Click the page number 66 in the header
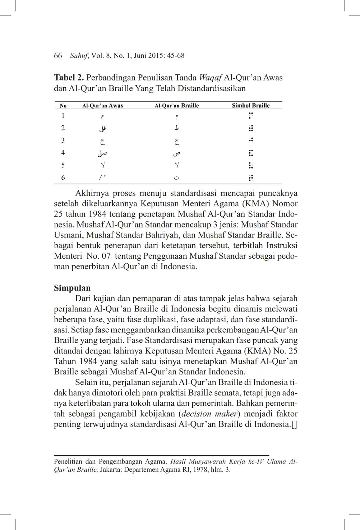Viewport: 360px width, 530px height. (58, 56)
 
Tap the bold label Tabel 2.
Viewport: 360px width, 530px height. (69, 78)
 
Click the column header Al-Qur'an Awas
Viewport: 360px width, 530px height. (102, 106)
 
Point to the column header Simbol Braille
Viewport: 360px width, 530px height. (250, 106)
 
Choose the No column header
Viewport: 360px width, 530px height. (63, 106)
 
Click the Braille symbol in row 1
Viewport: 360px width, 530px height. (251, 116)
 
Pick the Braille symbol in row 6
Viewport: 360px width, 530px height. (251, 178)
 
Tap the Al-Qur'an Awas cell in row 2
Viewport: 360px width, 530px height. (102, 128)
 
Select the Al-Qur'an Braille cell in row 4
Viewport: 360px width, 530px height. (177, 153)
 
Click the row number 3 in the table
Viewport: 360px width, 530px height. (63, 140)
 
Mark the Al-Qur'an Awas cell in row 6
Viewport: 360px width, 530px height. (103, 178)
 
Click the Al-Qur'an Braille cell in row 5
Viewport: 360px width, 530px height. (177, 165)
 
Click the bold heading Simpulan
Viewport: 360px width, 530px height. (72, 288)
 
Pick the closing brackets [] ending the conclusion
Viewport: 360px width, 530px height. (294, 424)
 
